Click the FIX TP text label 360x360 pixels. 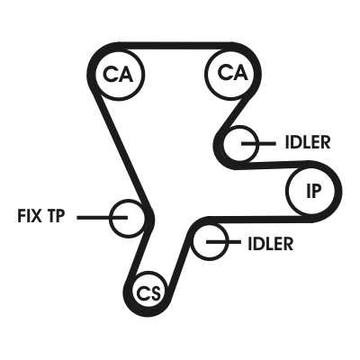(x=41, y=216)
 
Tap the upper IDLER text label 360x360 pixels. (x=308, y=142)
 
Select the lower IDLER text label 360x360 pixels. (x=271, y=244)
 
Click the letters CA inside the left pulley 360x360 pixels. (x=118, y=74)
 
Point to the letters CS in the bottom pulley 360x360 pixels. (x=149, y=293)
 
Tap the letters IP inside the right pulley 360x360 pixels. (x=314, y=191)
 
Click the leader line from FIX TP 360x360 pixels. (x=103, y=217)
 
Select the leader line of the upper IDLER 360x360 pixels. (x=258, y=144)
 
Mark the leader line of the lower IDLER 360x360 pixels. (x=223, y=242)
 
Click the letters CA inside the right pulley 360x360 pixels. (x=233, y=73)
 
